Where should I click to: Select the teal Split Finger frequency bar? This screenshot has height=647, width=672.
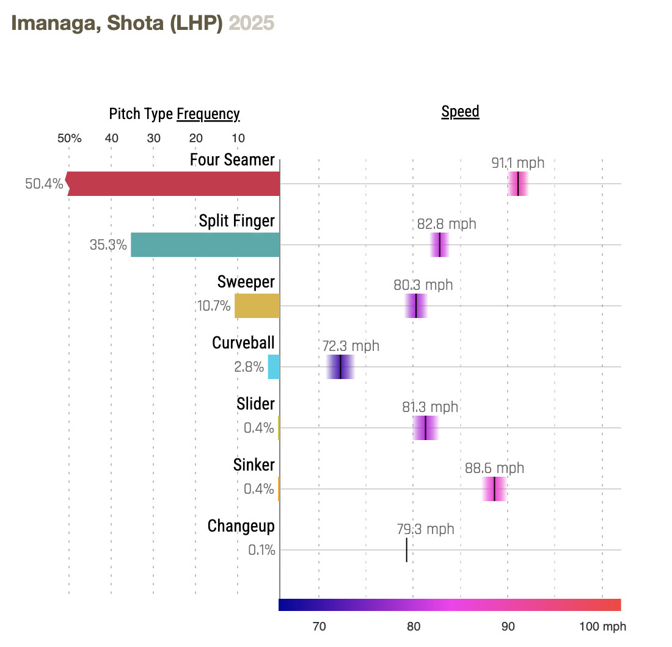[205, 245]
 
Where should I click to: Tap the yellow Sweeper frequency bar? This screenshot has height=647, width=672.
[257, 306]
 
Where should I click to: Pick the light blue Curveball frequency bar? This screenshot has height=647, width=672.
[274, 367]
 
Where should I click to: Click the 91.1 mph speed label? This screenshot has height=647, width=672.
[517, 163]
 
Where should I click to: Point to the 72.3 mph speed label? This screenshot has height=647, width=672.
[351, 346]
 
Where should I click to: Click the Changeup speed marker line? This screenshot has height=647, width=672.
[406, 550]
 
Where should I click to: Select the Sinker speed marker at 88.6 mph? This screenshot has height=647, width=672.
[494, 489]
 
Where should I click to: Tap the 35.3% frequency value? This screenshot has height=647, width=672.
[108, 245]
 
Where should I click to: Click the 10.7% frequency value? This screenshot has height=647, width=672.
[214, 306]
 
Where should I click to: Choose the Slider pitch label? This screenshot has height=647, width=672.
[255, 403]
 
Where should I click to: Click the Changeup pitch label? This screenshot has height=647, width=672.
[241, 526]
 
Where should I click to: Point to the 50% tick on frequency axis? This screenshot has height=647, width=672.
[69, 138]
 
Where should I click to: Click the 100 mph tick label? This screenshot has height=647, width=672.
[602, 627]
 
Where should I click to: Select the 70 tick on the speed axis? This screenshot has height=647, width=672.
[319, 627]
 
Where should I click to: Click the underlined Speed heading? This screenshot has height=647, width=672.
[460, 112]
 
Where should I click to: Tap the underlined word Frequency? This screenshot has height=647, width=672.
[208, 114]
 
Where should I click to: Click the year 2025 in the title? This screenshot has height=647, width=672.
[251, 23]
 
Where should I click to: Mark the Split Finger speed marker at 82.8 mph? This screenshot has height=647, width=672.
[439, 245]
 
